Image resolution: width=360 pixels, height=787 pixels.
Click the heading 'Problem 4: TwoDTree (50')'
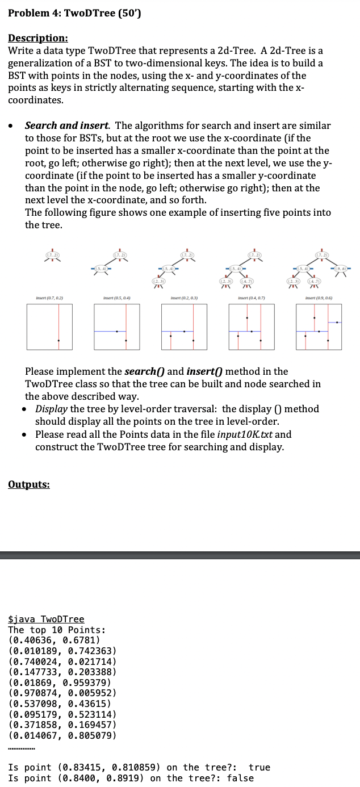(x=74, y=14)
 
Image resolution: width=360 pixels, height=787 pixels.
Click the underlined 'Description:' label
(x=38, y=38)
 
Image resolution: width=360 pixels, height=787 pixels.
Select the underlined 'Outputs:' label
(x=29, y=484)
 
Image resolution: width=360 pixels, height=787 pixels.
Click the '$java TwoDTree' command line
(x=46, y=619)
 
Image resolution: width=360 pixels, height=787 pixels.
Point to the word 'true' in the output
(x=259, y=767)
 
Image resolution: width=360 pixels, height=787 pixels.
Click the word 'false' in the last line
(x=240, y=778)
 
